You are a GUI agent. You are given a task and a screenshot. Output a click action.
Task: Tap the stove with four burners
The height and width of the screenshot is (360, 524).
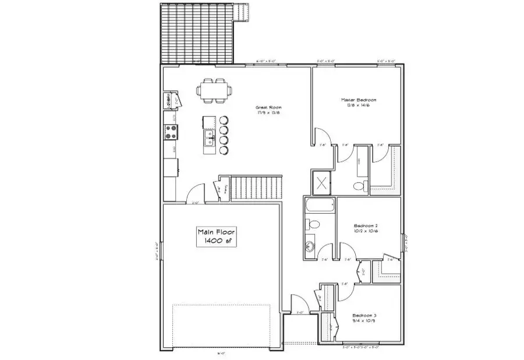171,132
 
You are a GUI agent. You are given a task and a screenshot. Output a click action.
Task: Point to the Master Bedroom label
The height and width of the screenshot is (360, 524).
358,100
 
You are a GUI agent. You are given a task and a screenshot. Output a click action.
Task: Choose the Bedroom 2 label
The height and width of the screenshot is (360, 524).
367,225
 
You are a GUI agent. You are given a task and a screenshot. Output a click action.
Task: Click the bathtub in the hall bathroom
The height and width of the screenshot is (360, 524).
320,206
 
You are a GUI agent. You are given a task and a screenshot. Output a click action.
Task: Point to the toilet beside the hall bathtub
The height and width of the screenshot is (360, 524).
311,224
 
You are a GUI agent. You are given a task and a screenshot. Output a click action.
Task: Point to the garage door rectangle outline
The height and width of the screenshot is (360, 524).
223,325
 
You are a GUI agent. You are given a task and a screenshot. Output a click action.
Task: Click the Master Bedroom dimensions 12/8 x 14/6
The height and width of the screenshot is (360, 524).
358,105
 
